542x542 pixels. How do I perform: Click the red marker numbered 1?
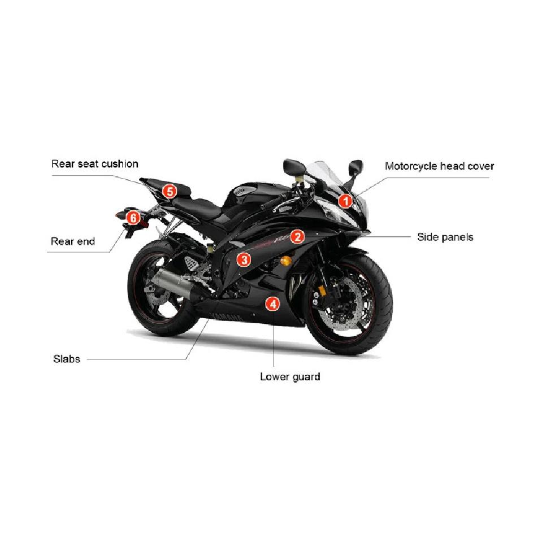click(x=345, y=201)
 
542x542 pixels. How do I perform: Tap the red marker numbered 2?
click(x=297, y=237)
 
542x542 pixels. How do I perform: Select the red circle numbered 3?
click(x=244, y=259)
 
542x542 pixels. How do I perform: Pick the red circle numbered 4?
click(x=273, y=304)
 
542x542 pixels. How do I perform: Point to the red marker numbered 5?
click(x=170, y=191)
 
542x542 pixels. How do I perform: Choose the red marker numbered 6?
click(x=133, y=218)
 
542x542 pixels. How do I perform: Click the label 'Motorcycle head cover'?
click(x=439, y=167)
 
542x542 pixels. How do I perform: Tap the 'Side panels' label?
click(x=445, y=237)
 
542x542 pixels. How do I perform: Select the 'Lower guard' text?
click(x=290, y=377)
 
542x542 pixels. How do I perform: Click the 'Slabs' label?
click(x=67, y=359)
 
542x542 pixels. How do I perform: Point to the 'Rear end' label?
click(x=72, y=241)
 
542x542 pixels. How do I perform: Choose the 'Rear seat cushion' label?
click(x=95, y=164)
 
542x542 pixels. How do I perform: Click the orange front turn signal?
click(x=286, y=261)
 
